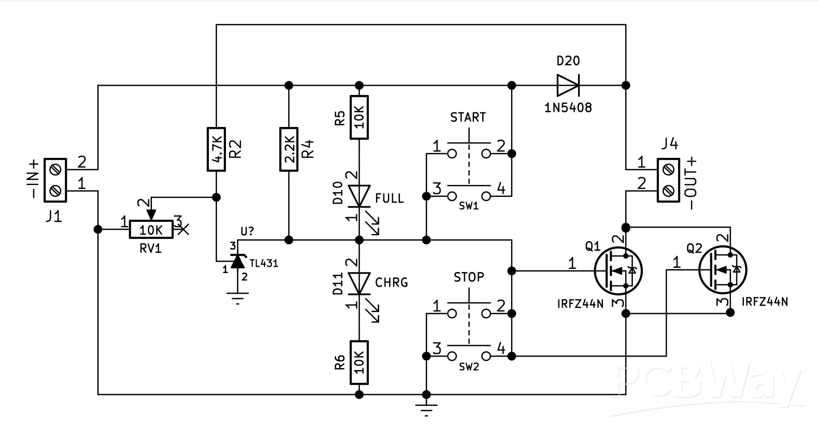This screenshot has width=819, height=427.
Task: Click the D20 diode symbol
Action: pyautogui.click(x=568, y=85)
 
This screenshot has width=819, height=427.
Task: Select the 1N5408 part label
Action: pyautogui.click(x=568, y=108)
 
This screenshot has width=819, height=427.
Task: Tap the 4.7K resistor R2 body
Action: pyautogui.click(x=216, y=149)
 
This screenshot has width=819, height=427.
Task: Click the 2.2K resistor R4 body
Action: pyautogui.click(x=289, y=149)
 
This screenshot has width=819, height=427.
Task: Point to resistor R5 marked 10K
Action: pyautogui.click(x=359, y=117)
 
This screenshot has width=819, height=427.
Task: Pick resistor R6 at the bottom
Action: pyautogui.click(x=359, y=362)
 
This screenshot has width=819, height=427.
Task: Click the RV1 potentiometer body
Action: pyautogui.click(x=151, y=230)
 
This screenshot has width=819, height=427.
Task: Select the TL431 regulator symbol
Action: pyautogui.click(x=237, y=261)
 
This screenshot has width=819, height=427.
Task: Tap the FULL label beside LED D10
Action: pyautogui.click(x=389, y=198)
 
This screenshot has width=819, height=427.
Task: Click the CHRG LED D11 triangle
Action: pyautogui.click(x=359, y=283)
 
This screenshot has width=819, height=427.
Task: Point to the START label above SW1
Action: pyautogui.click(x=468, y=117)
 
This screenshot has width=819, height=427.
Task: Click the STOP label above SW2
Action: pyautogui.click(x=468, y=277)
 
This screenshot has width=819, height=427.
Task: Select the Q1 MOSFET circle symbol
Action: pyautogui.click(x=618, y=271)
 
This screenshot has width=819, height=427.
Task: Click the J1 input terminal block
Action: pyautogui.click(x=55, y=180)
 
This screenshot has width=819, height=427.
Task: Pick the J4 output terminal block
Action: pyautogui.click(x=668, y=180)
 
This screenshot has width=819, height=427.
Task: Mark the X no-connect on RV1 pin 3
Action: pyautogui.click(x=183, y=229)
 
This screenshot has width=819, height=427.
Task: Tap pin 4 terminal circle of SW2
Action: pyautogui.click(x=486, y=356)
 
